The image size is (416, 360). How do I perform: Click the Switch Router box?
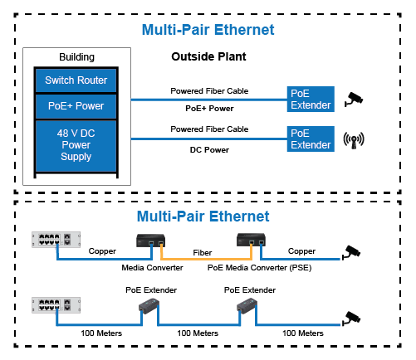(76, 80)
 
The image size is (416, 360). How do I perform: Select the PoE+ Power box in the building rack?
(76, 106)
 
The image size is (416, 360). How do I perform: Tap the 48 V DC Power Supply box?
(76, 145)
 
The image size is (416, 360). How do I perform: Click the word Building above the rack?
(76, 57)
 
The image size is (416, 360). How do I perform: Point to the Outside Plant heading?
(208, 56)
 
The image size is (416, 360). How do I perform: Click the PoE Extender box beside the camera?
(311, 100)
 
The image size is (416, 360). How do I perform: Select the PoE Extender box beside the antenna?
(311, 139)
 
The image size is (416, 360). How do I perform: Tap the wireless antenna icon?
(354, 140)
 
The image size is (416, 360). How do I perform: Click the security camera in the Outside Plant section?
(354, 99)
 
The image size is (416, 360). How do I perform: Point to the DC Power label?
(209, 150)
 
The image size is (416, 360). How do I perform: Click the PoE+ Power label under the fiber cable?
(209, 109)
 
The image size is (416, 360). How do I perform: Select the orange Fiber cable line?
(206, 259)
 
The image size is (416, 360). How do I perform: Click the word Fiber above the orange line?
(203, 253)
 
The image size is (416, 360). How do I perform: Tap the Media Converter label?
(152, 268)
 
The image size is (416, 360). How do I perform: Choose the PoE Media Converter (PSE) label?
(260, 268)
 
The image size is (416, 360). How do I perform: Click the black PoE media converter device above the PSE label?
(251, 240)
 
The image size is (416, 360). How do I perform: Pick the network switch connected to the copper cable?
(56, 240)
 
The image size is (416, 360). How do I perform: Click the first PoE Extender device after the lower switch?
(149, 306)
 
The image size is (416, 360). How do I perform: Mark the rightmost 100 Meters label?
(303, 333)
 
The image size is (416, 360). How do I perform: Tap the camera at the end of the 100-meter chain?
(351, 319)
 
